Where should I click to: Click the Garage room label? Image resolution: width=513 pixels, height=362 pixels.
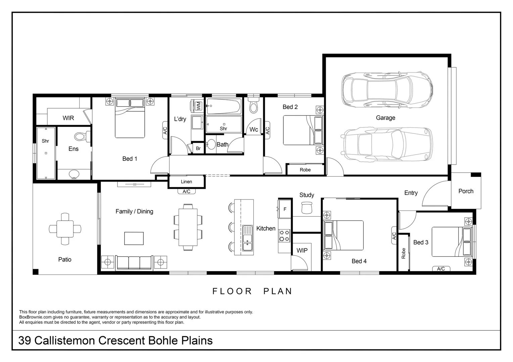(385, 118)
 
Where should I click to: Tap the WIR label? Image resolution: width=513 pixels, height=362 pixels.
(68, 118)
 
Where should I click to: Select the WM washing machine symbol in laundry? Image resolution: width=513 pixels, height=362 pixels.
(198, 106)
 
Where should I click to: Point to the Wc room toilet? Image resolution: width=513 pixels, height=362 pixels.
(254, 107)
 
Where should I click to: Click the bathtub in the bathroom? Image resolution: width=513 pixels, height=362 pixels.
(224, 107)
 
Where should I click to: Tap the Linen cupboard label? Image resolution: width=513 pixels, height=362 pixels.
(186, 182)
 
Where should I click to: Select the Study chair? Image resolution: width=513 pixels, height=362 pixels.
(307, 208)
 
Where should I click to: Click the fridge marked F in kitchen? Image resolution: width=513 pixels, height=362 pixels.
(285, 209)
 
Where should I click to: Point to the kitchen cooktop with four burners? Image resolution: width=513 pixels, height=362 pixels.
(285, 235)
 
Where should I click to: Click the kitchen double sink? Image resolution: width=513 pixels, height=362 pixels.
(248, 238)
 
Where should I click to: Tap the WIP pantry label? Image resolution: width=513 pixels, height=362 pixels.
(302, 250)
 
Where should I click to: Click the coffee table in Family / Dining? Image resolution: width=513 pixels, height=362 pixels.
(134, 238)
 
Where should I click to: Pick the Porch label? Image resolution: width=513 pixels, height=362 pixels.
(466, 191)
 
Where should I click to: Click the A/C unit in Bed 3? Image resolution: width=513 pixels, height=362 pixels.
(441, 269)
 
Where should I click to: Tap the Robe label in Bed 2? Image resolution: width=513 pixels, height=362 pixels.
(305, 170)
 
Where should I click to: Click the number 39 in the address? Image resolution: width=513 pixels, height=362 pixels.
(25, 341)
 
